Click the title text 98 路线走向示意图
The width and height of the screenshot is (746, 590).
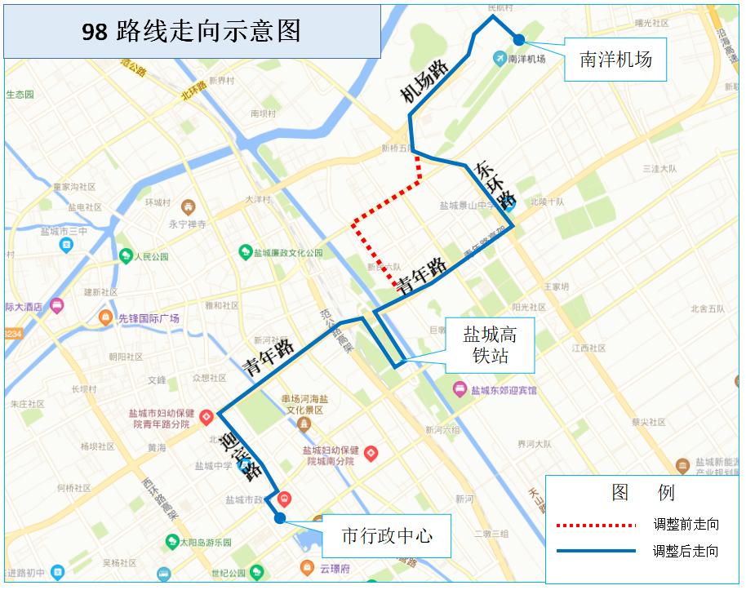(191, 31)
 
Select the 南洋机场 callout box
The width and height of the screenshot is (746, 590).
(615, 60)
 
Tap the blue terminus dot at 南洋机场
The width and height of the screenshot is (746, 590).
(519, 39)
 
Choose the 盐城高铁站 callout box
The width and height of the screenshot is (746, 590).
(490, 345)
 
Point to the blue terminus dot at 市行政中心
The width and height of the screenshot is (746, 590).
(280, 517)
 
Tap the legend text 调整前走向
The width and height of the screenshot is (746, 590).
(686, 524)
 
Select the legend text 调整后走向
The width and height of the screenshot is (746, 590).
(686, 552)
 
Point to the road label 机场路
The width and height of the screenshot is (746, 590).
(425, 82)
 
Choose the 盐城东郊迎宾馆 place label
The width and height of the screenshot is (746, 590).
(504, 390)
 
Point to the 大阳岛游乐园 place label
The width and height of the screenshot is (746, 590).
(205, 542)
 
